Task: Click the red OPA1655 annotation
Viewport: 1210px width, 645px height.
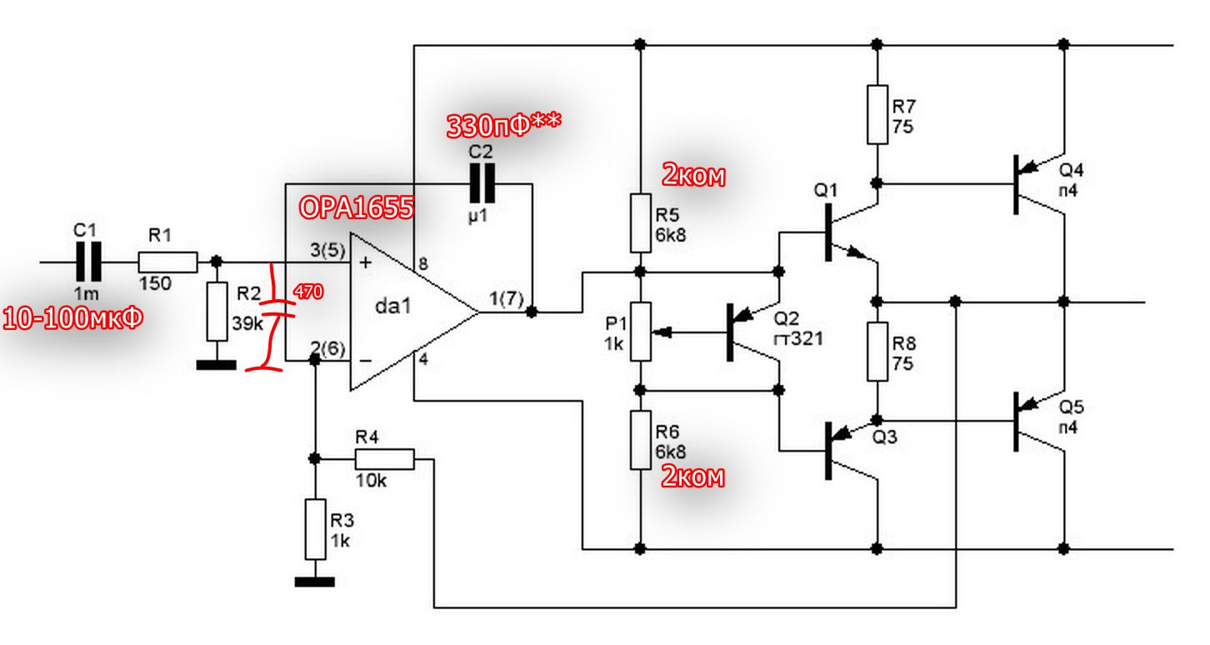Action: [356, 207]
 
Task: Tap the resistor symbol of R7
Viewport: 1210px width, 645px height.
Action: [877, 112]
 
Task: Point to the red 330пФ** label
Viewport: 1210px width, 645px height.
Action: [503, 127]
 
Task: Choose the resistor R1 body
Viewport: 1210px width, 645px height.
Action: [167, 262]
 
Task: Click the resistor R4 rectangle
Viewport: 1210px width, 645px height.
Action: [384, 458]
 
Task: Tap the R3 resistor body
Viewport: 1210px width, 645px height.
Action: [315, 529]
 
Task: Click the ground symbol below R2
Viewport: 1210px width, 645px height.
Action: [217, 364]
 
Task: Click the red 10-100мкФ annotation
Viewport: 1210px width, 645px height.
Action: [70, 318]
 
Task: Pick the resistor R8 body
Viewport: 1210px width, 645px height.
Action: [877, 351]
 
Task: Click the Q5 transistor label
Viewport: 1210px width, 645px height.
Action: [1071, 408]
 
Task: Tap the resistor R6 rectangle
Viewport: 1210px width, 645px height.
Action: [640, 439]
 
